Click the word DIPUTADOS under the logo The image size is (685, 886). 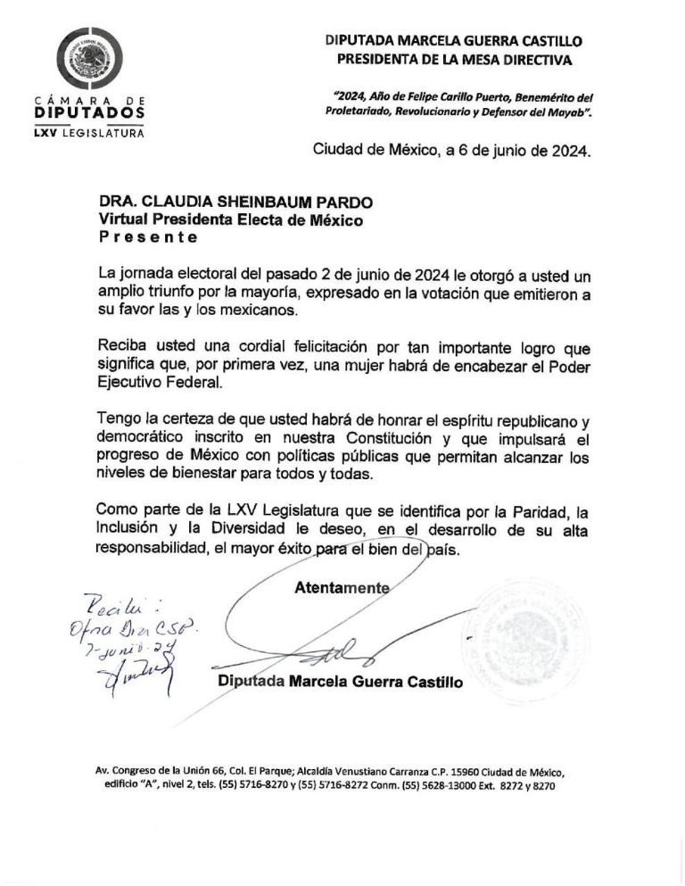pos(89,114)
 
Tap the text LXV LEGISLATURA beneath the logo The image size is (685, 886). pos(89,133)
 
